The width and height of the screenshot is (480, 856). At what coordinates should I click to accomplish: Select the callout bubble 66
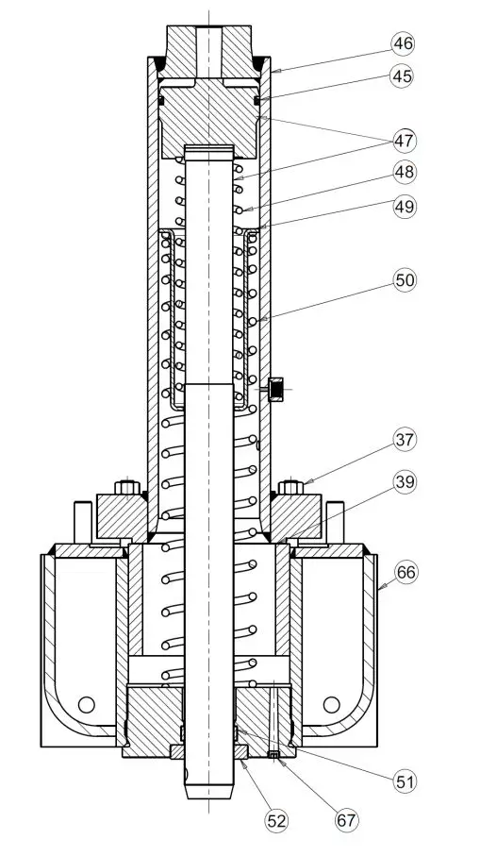click(x=405, y=573)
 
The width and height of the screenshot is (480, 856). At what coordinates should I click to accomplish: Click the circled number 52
click(x=275, y=821)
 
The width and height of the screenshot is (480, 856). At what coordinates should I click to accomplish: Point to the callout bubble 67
click(x=346, y=821)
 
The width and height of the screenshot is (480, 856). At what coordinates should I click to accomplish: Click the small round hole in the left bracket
click(x=87, y=704)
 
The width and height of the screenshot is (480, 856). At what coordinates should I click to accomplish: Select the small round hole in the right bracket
click(x=331, y=704)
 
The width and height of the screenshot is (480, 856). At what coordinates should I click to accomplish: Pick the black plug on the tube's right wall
click(x=277, y=388)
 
